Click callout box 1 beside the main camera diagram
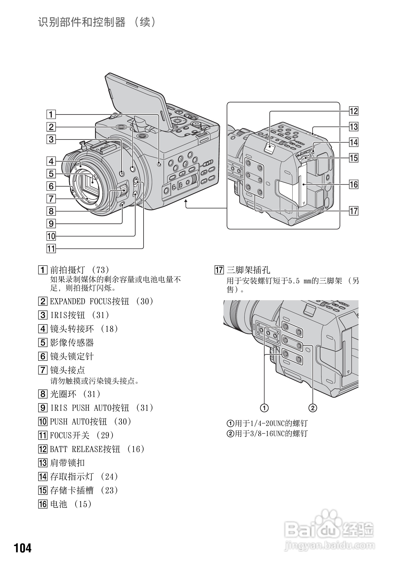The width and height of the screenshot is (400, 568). click(x=51, y=114)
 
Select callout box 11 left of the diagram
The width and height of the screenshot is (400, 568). click(x=51, y=249)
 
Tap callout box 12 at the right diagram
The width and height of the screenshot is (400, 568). click(x=353, y=111)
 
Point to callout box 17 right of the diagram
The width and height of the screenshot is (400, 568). click(x=353, y=211)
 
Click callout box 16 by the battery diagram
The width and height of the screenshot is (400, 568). click(x=353, y=184)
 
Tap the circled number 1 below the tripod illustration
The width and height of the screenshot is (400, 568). click(x=264, y=408)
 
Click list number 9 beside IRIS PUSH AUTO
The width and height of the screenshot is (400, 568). click(x=42, y=408)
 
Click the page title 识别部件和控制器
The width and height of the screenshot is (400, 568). click(x=82, y=22)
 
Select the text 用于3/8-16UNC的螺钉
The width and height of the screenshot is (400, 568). click(x=271, y=434)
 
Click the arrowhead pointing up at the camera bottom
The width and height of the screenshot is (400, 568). click(x=187, y=202)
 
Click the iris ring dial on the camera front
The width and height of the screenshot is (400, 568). click(x=124, y=190)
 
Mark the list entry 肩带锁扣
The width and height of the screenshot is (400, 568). click(x=67, y=463)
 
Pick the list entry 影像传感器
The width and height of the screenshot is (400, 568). click(x=72, y=343)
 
